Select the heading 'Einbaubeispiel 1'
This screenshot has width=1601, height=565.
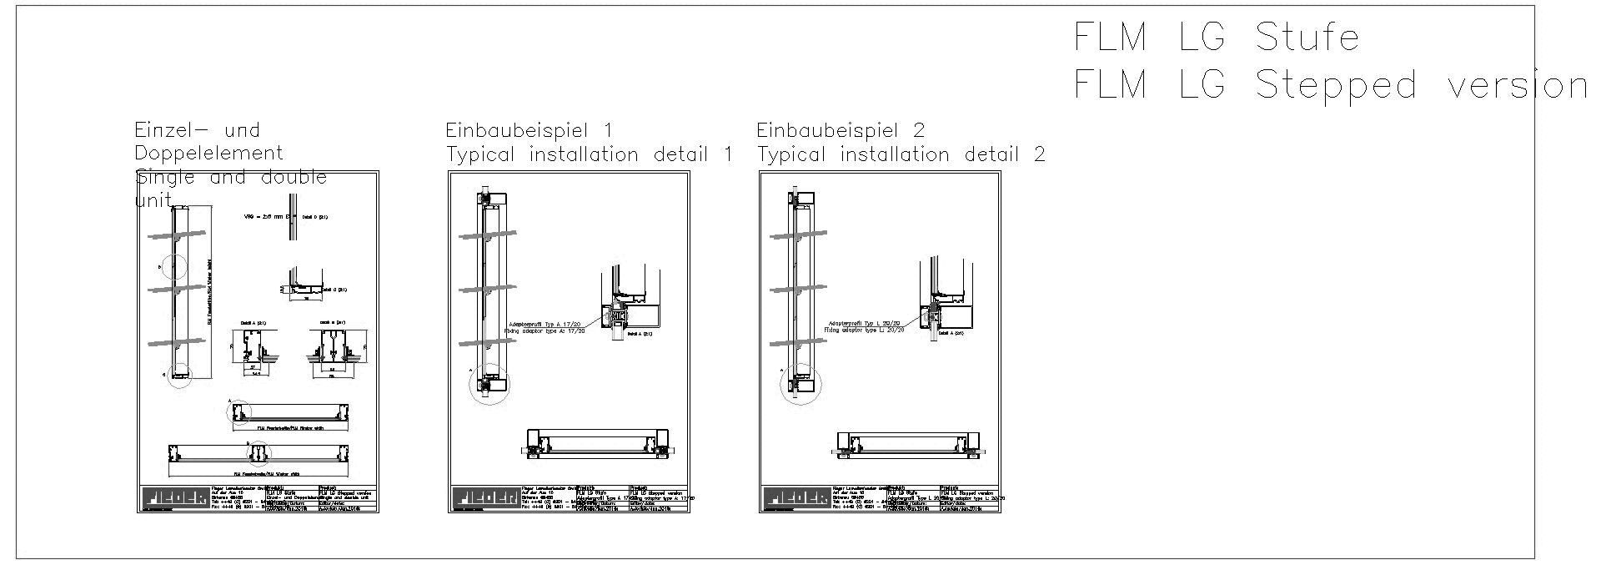point(529,130)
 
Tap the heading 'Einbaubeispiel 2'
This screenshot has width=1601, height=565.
point(841,130)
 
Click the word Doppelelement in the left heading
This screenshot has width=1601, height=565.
point(208,154)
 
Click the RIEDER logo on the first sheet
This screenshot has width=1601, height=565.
point(174,497)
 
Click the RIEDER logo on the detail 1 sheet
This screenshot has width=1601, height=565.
point(485,497)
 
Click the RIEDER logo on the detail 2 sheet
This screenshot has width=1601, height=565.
point(796,497)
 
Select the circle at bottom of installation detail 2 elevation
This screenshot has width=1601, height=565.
point(800,386)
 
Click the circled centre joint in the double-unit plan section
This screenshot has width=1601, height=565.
point(258,451)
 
